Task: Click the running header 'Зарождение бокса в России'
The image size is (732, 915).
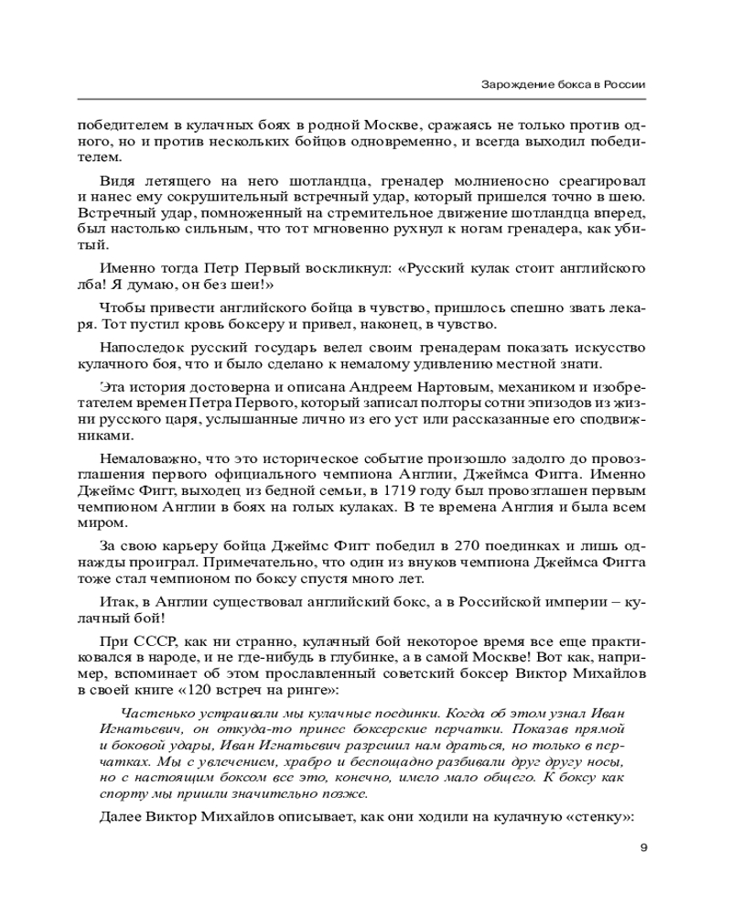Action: pos(564,84)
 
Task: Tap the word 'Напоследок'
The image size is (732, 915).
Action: pos(142,348)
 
